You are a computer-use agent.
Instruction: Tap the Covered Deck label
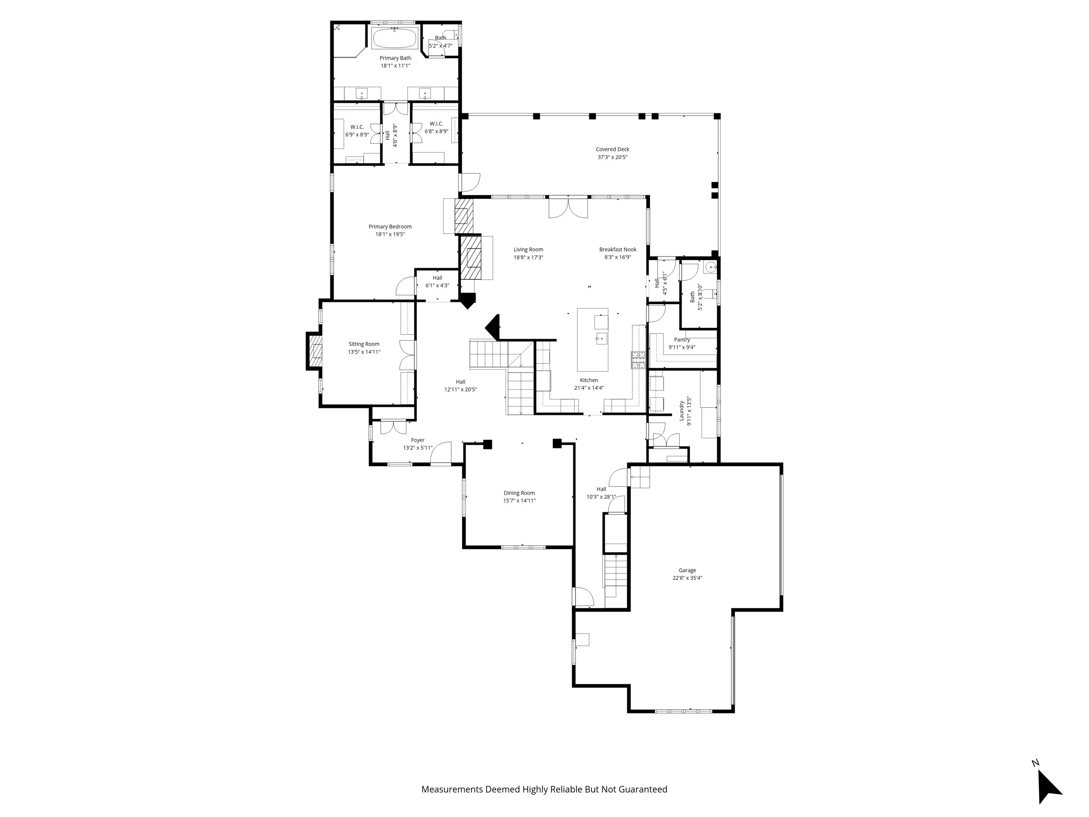pos(613,149)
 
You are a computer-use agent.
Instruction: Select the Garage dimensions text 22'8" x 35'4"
pos(687,578)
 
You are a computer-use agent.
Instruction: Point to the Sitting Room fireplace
pos(315,351)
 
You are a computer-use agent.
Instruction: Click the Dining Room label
pos(519,493)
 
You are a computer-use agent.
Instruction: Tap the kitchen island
pos(592,339)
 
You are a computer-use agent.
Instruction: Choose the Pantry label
pos(682,340)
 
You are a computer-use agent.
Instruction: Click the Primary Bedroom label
pos(390,227)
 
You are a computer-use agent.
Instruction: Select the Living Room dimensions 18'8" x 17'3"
pos(528,257)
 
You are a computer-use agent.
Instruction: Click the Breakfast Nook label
pos(618,250)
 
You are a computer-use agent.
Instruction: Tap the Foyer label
pos(418,440)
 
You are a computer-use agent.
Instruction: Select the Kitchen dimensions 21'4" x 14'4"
pos(589,388)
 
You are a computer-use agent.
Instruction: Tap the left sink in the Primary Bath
pos(362,93)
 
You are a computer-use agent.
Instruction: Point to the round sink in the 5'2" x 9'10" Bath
pos(710,267)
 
